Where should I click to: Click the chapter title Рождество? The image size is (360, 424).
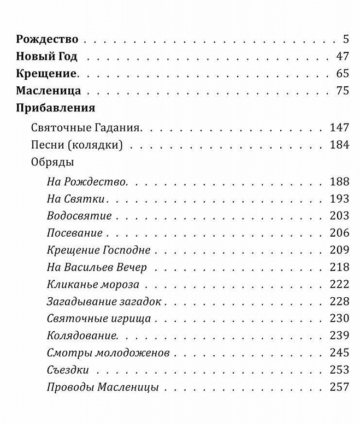click(48, 39)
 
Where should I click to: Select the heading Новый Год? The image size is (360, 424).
click(47, 56)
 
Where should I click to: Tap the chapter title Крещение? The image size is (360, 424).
click(46, 74)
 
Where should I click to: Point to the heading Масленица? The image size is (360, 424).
click(49, 91)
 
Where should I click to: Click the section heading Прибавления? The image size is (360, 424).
click(56, 108)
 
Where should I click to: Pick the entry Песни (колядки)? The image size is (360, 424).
click(76, 145)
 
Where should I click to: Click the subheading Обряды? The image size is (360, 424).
click(52, 162)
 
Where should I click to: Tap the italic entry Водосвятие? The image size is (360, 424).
click(79, 215)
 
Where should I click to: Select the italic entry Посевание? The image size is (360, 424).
click(75, 233)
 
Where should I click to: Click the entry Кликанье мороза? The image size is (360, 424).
click(93, 284)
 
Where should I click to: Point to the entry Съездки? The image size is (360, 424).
click(68, 370)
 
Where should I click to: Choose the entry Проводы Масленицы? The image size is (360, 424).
click(103, 387)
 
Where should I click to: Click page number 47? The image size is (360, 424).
click(343, 56)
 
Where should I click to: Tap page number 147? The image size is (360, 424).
click(339, 128)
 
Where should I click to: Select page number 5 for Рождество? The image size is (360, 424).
click(346, 39)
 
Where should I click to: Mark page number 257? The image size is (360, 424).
click(339, 387)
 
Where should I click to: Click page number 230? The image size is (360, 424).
click(339, 319)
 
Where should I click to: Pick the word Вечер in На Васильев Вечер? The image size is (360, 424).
click(132, 267)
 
